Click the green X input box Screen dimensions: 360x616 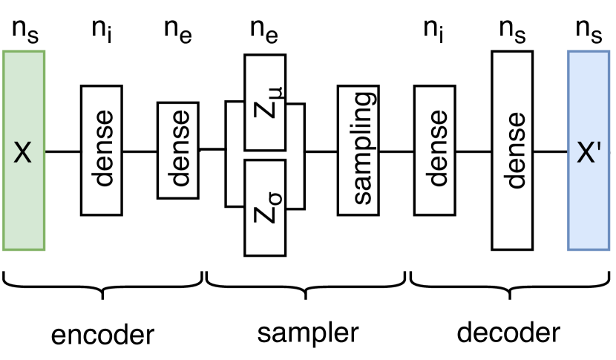[x=24, y=150]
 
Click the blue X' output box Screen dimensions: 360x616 [x=589, y=150]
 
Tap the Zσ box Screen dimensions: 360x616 [x=265, y=207]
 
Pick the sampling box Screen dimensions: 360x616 [x=358, y=151]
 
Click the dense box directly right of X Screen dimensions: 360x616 [x=102, y=151]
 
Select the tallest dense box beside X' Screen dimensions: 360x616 [x=514, y=151]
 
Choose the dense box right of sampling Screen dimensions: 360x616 [x=436, y=151]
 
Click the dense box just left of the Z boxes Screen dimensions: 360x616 [x=178, y=151]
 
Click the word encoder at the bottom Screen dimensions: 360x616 [x=102, y=335]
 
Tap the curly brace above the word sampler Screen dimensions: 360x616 [x=306, y=287]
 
